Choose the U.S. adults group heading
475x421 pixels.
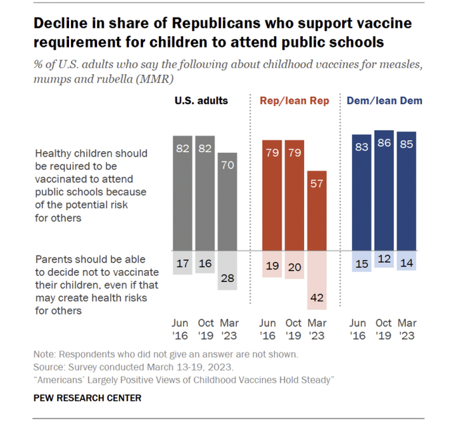click(201, 101)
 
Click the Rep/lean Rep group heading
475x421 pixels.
click(294, 101)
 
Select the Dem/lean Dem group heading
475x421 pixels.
click(384, 101)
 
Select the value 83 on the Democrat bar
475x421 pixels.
click(362, 147)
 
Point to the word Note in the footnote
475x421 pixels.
click(45, 354)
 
